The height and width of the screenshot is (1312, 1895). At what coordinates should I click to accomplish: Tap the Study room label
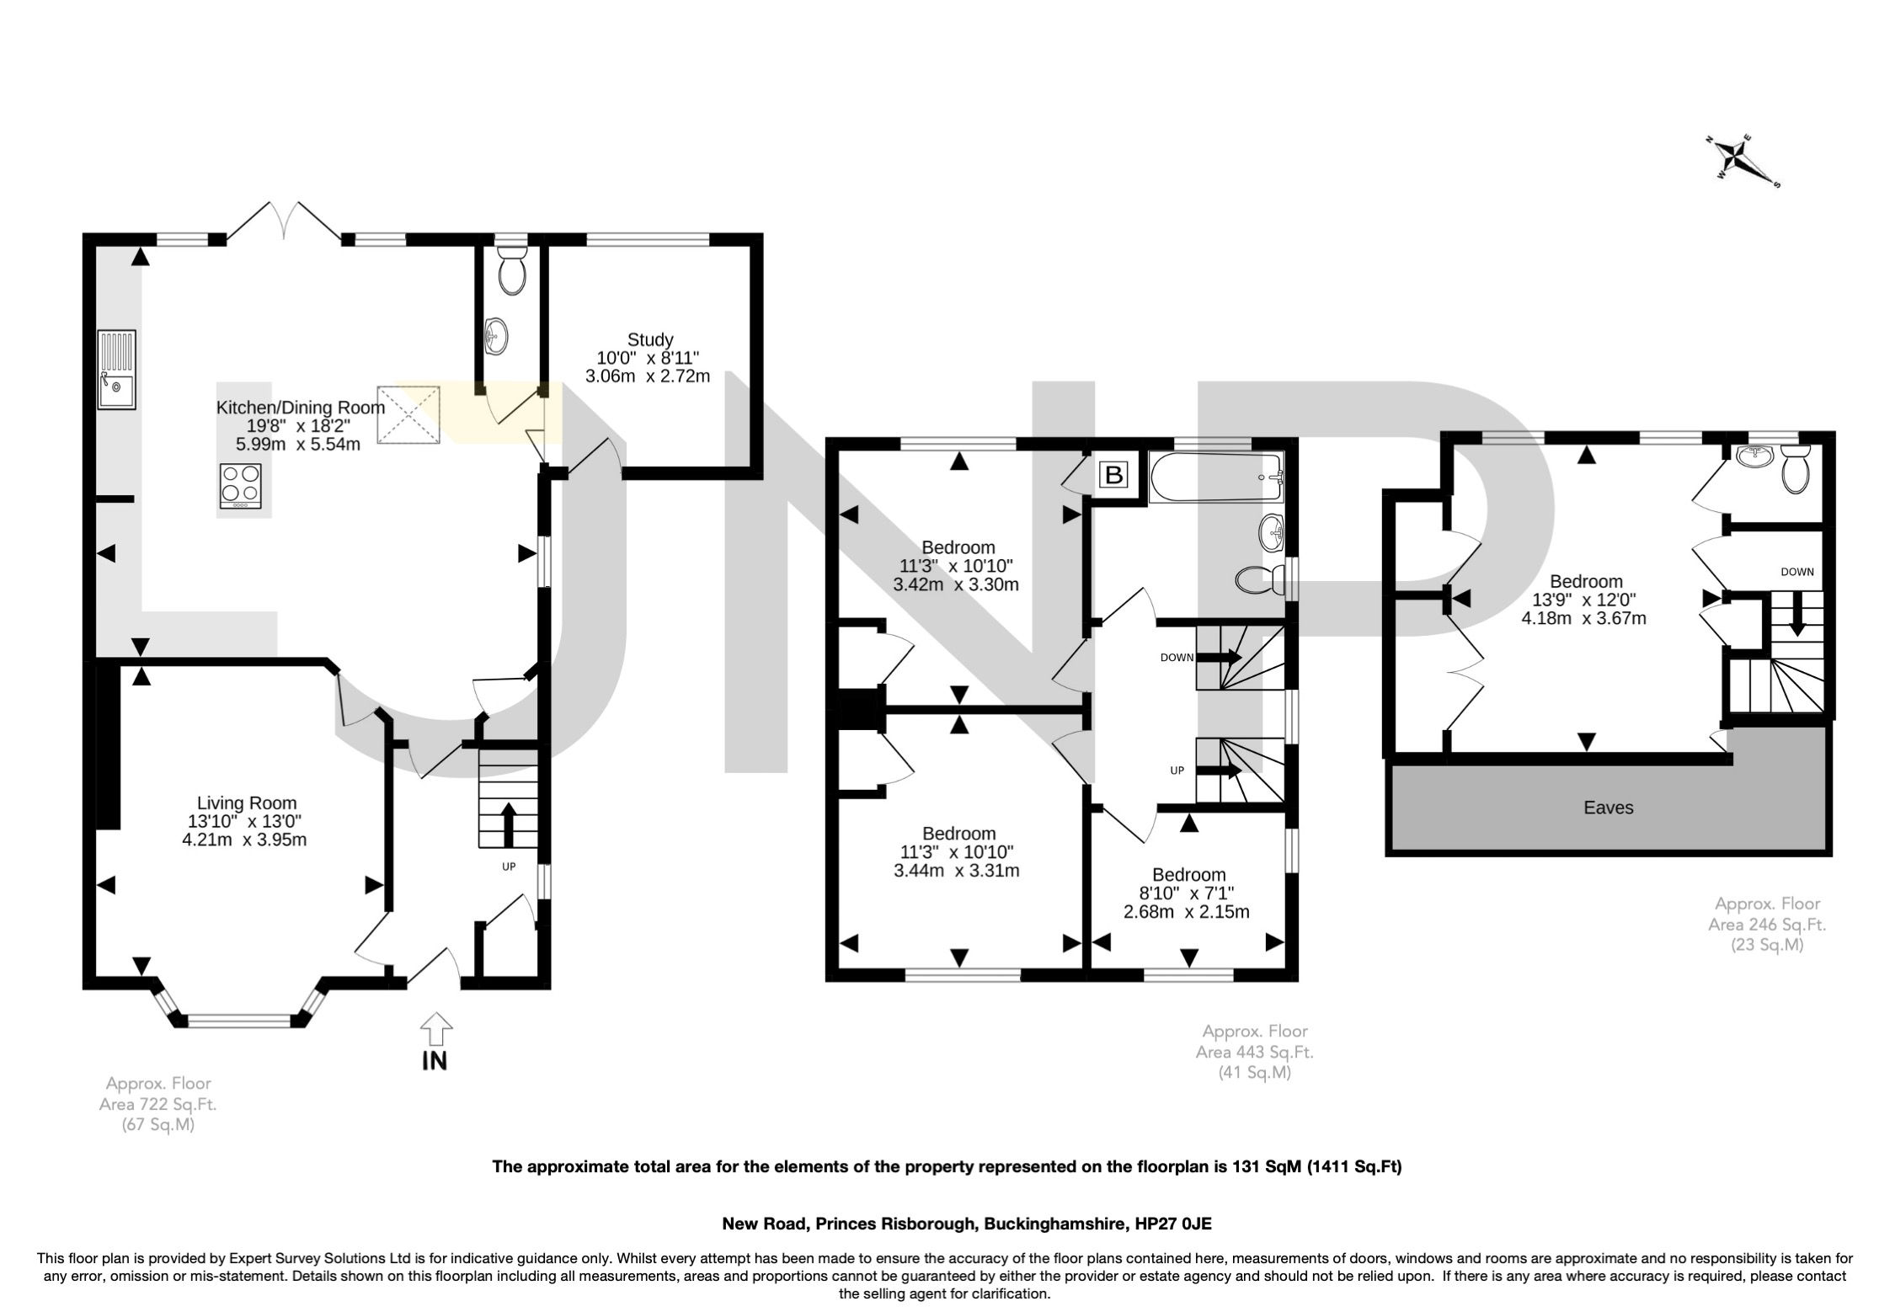tap(649, 339)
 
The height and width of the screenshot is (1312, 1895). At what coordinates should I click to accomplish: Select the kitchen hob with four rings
tap(242, 486)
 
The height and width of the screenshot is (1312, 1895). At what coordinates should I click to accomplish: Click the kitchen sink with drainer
tap(116, 370)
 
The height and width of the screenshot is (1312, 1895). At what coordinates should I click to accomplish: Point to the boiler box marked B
tap(1113, 476)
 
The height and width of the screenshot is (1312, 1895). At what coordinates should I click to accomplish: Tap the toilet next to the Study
tap(511, 270)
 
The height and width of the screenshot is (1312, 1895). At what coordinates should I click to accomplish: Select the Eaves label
tap(1608, 808)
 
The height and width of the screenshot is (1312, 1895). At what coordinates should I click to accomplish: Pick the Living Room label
tap(246, 803)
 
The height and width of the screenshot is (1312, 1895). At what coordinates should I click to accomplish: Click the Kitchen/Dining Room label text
tap(300, 408)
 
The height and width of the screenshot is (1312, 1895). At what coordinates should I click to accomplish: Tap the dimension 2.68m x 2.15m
tap(1186, 911)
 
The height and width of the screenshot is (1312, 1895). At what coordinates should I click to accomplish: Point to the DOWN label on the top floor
tap(1796, 572)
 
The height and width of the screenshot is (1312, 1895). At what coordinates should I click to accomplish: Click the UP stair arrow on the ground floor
tap(508, 824)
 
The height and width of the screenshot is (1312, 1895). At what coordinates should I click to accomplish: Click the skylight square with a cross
tap(408, 414)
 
